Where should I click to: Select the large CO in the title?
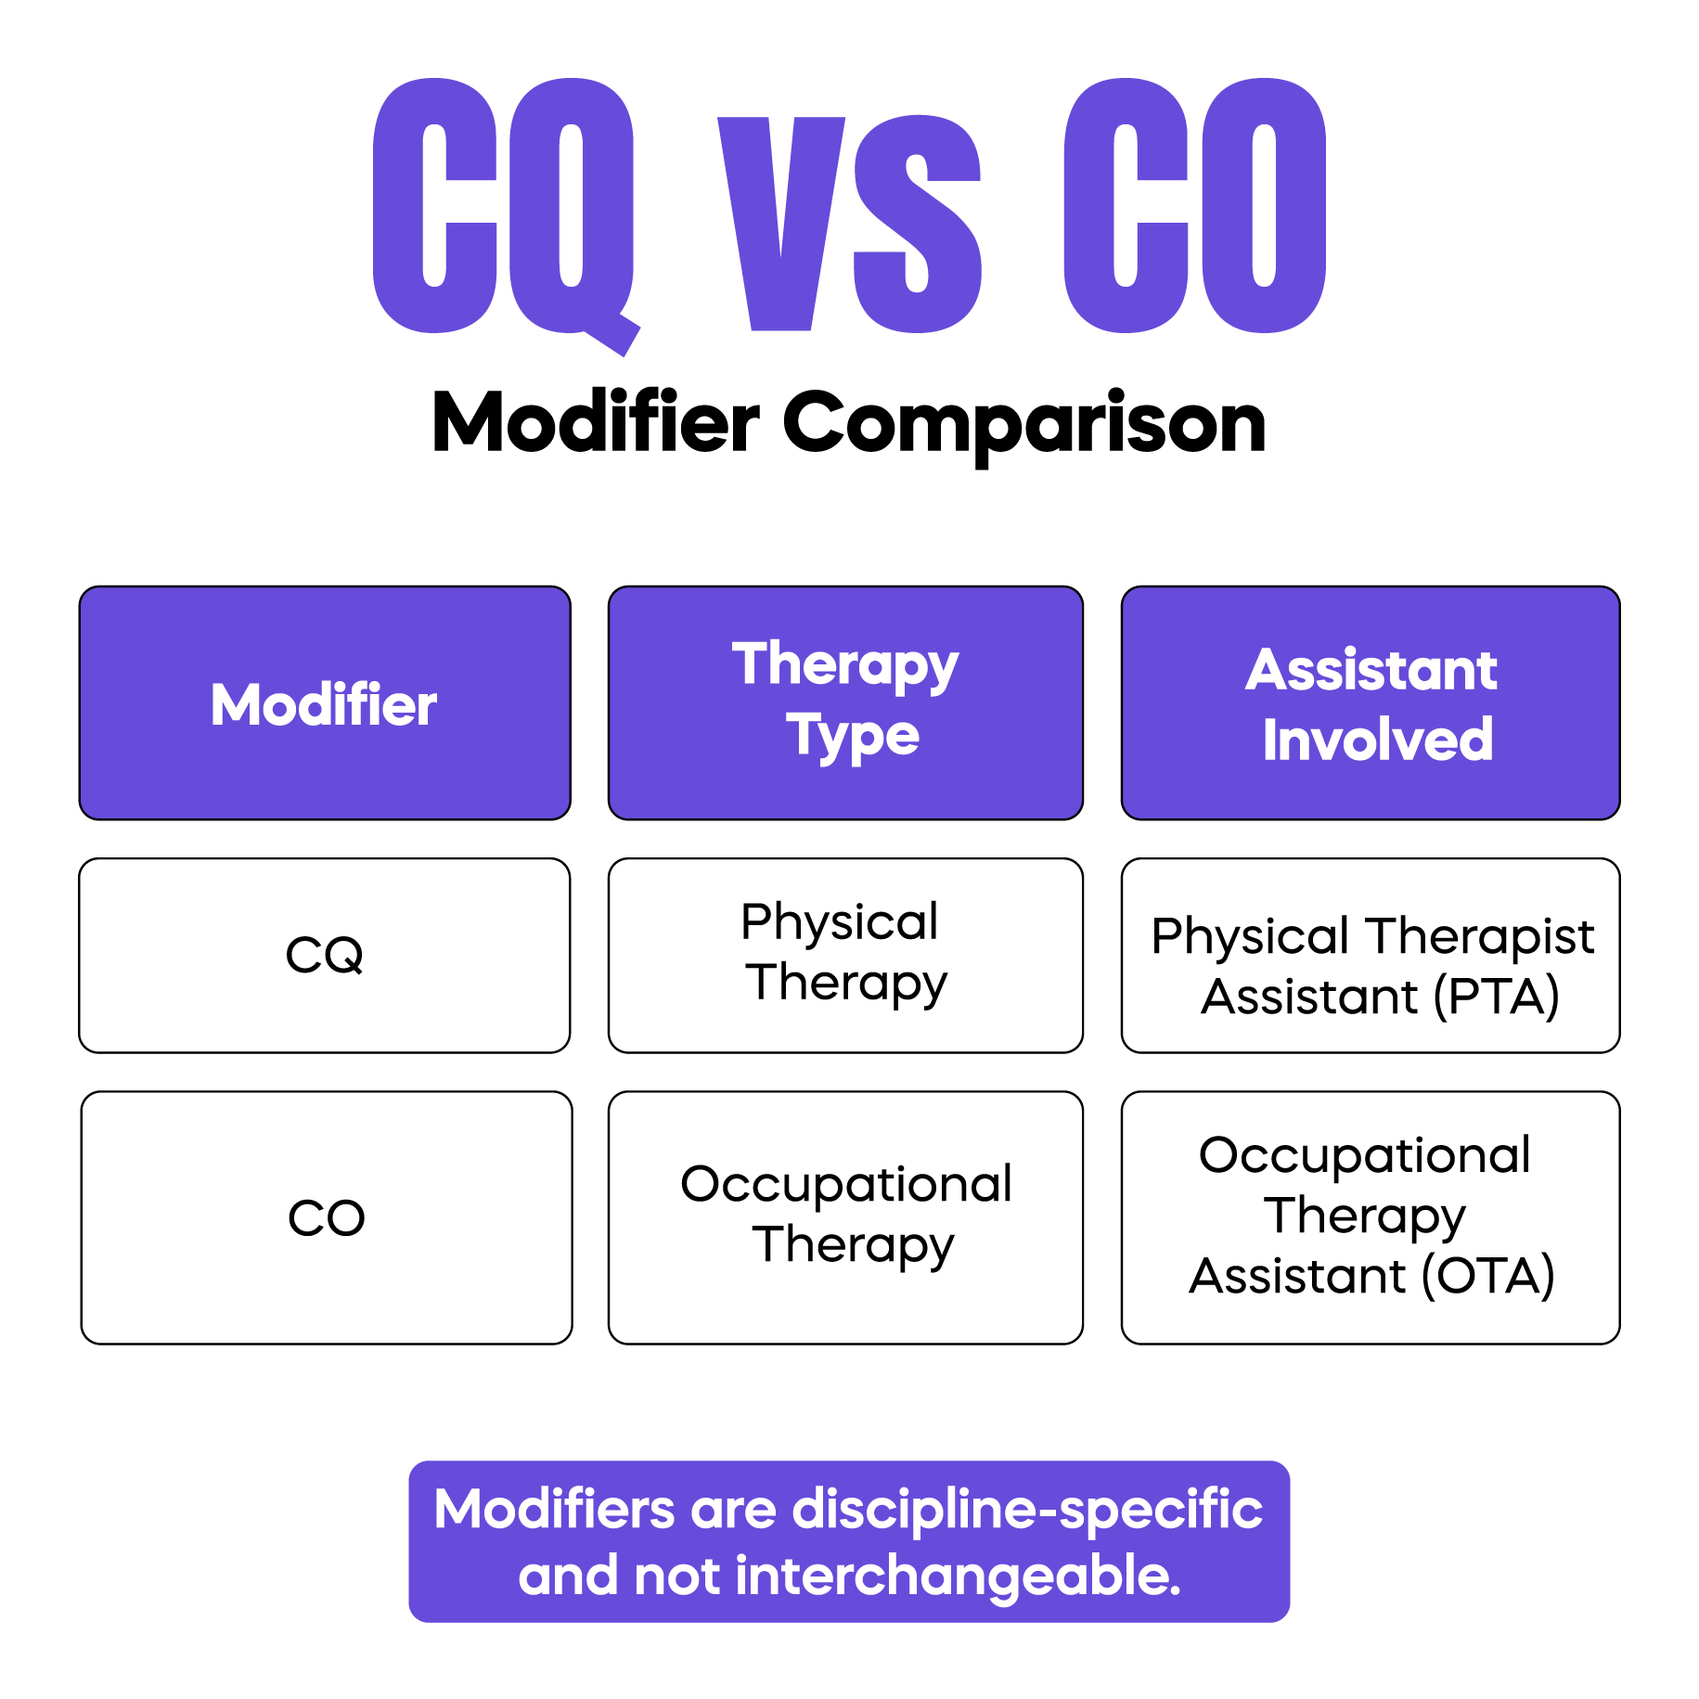[x=1195, y=206]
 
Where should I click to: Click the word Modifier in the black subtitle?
[x=596, y=423]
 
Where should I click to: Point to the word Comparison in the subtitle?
[x=1024, y=423]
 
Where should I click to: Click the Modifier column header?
[x=324, y=704]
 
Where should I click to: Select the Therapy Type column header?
[x=845, y=702]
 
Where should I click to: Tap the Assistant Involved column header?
[x=1371, y=704]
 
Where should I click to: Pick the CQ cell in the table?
[x=324, y=955]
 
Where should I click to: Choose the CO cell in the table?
[x=327, y=1217]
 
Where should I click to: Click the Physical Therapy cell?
[x=845, y=953]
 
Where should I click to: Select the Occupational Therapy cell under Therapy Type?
[x=845, y=1215]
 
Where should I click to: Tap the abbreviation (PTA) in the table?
[x=1496, y=998]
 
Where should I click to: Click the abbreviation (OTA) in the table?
[x=1488, y=1276]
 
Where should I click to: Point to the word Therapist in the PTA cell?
[x=1481, y=936]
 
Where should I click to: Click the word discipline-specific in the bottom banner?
[x=1026, y=1510]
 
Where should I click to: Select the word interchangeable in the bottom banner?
[x=958, y=1577]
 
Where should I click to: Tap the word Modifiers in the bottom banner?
[x=554, y=1510]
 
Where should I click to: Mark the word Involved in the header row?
[x=1377, y=740]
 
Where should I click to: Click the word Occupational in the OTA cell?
[x=1364, y=1156]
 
